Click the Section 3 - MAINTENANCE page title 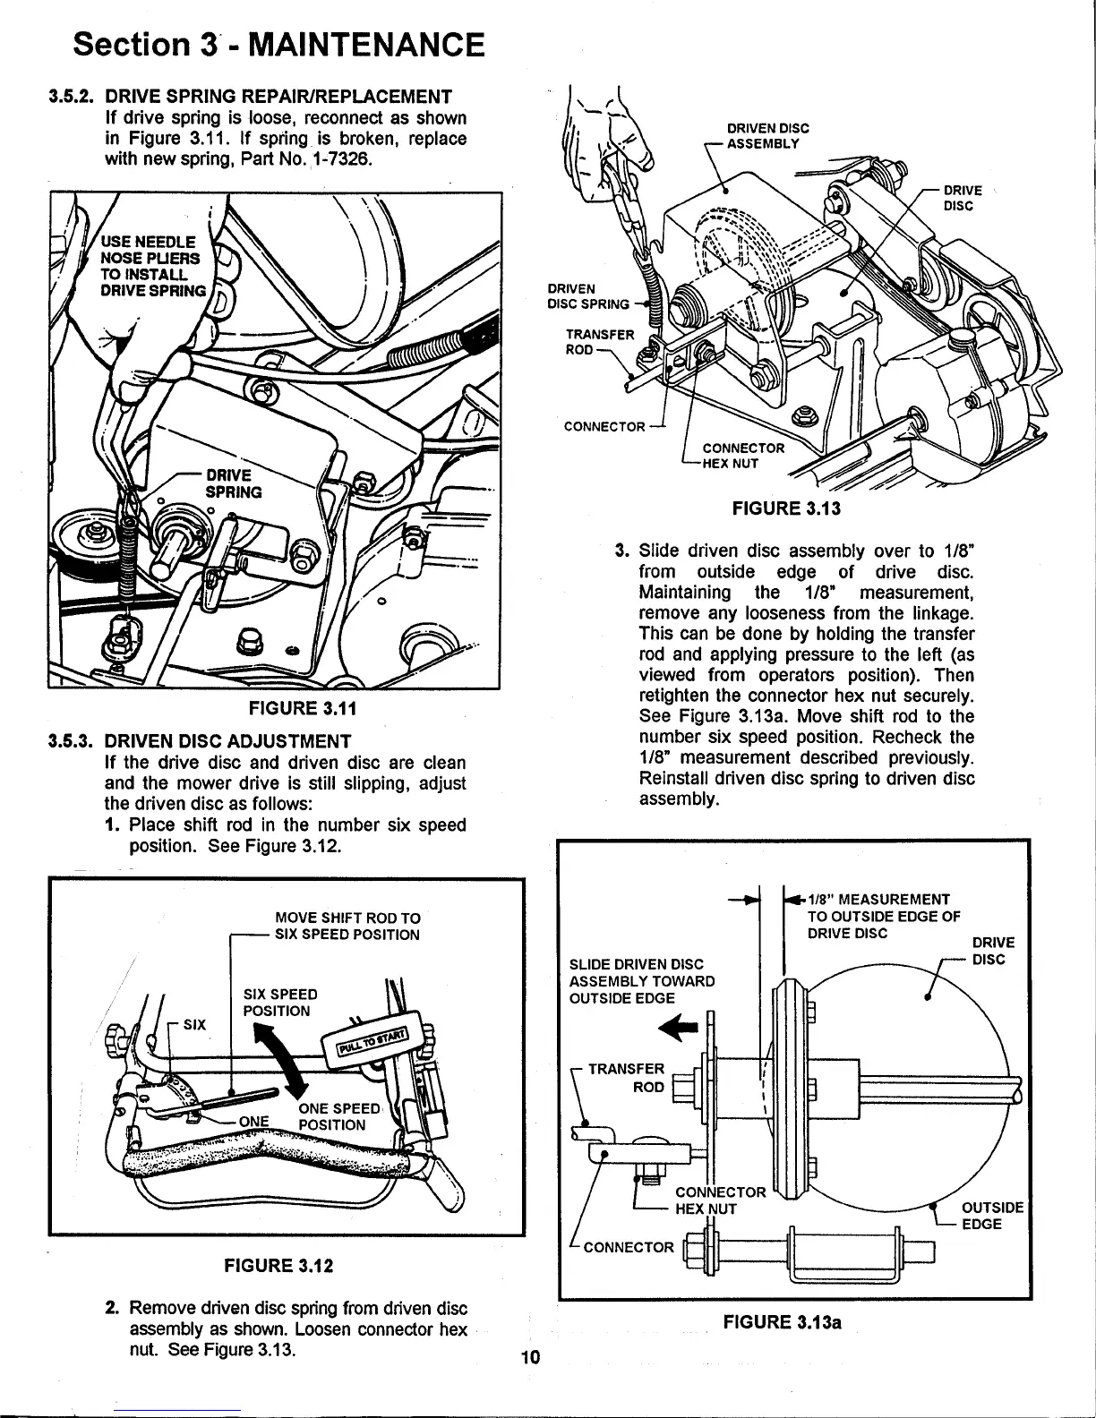pos(279,44)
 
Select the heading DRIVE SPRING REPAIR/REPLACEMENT pos(278,96)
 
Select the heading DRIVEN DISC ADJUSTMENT pos(227,741)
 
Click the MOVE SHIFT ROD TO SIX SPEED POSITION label pos(347,927)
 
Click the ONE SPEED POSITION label pos(331,1116)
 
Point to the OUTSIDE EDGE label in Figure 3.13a pos(993,1216)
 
